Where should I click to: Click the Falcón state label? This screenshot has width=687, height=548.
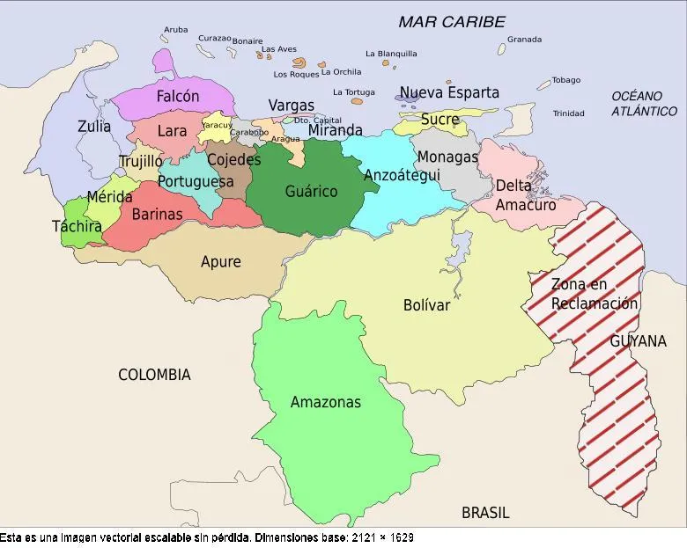pos(178,97)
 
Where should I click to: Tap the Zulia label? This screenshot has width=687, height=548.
pos(94,127)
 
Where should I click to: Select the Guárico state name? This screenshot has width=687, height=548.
pos(311,191)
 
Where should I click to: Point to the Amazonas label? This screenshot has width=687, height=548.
pos(326,402)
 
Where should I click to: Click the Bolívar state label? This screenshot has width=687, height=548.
pos(426,305)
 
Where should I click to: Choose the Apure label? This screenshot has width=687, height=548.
pos(220,261)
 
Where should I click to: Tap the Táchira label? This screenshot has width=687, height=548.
pos(77,226)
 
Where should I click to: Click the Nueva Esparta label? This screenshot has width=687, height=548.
pos(449,92)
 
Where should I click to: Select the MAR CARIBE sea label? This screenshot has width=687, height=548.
pos(452,22)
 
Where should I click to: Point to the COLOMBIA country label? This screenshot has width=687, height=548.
pos(154,375)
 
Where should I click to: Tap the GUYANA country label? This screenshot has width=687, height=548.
pos(638,341)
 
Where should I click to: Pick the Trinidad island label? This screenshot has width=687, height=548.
pos(568,113)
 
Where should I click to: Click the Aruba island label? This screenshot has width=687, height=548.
pos(175,30)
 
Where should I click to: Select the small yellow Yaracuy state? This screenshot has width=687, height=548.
pos(216,126)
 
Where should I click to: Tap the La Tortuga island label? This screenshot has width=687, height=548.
pos(353,92)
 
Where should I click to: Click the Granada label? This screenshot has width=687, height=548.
pos(524,40)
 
